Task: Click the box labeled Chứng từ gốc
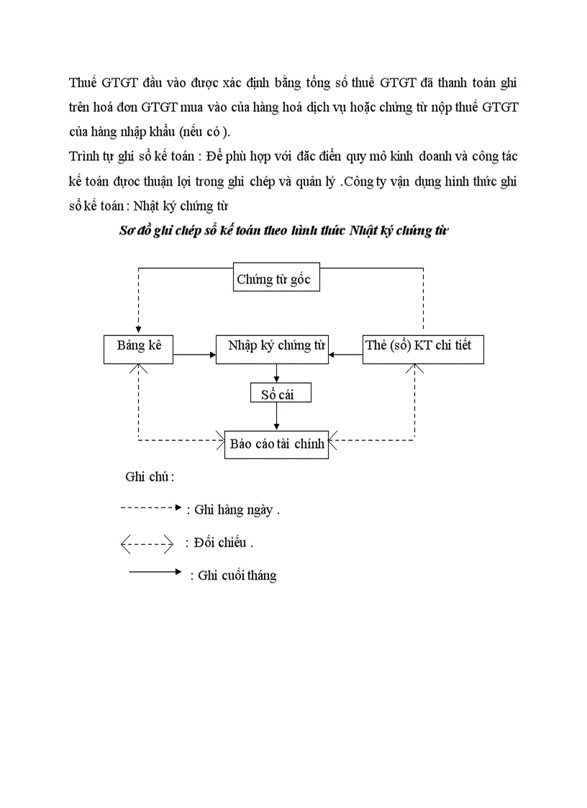(276, 279)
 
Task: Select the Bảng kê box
(139, 349)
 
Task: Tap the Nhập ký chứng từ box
(271, 349)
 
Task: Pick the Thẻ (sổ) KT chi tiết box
(422, 349)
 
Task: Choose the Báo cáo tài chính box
(276, 444)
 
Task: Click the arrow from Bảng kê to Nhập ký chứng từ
(194, 354)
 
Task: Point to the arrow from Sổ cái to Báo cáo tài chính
(276, 417)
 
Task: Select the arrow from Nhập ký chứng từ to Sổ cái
(276, 373)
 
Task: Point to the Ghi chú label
(150, 476)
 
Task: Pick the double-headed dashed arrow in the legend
(147, 543)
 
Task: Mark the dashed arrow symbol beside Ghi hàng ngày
(150, 507)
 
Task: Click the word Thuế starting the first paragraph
(83, 83)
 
